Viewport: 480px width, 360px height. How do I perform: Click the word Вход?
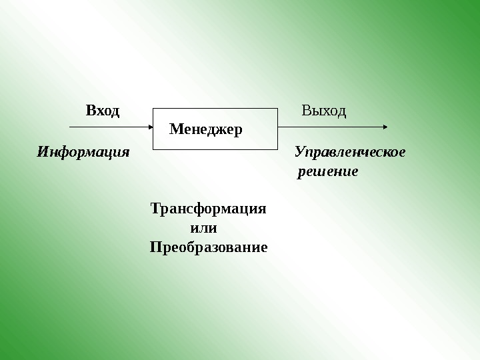tap(103, 111)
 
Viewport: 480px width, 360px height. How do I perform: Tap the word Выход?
tap(324, 111)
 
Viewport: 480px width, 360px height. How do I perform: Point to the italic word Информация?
tap(83, 152)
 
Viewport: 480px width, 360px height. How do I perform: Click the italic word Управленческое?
tap(350, 152)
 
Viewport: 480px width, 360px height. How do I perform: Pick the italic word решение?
tap(328, 171)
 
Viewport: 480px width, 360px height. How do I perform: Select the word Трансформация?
tap(209, 208)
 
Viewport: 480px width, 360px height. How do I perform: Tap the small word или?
tap(204, 228)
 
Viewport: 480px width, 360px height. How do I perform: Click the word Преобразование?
tap(209, 247)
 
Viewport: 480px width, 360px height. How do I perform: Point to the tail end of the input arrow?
tap(70, 126)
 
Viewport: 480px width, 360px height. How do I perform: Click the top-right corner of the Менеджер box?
tap(277, 108)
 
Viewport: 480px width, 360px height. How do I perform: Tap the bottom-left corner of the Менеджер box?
tap(154, 148)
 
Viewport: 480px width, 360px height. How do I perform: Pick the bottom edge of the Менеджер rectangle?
tap(215, 148)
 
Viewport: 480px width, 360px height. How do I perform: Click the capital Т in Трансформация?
tap(155, 208)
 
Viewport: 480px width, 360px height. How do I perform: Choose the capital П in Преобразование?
tap(155, 247)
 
